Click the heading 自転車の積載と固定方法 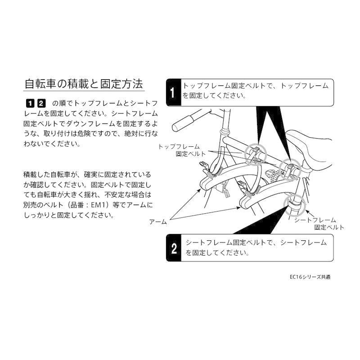[83, 84]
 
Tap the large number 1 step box [172, 92]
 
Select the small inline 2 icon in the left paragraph [40, 102]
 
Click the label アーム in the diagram [158, 222]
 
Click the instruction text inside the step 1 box [255, 90]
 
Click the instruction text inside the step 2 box [256, 247]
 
